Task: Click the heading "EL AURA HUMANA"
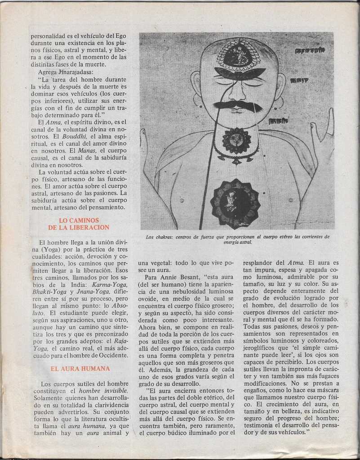click(x=80, y=368)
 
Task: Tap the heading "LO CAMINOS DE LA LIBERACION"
click(x=84, y=224)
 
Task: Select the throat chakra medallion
click(x=236, y=141)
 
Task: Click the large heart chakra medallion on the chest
click(x=235, y=204)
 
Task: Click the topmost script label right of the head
click(x=310, y=50)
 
